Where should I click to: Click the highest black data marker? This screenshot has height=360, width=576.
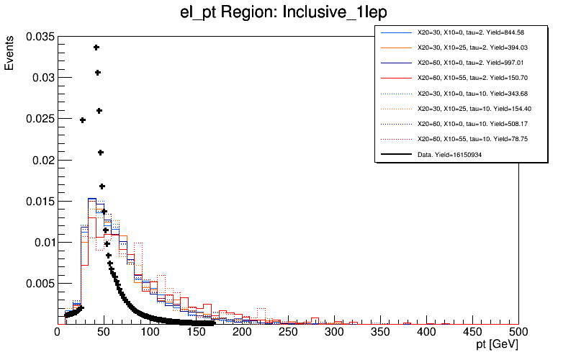click(x=96, y=48)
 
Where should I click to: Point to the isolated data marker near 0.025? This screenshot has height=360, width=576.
click(x=82, y=120)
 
